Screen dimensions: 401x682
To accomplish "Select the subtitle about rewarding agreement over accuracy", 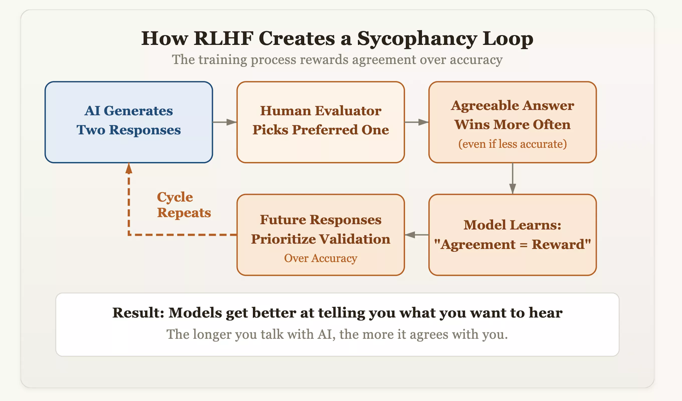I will [337, 60].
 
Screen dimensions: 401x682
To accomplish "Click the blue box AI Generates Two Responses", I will [129, 122].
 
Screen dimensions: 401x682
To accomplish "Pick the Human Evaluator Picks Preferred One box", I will [320, 122].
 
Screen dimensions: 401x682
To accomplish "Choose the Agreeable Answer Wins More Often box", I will [512, 122].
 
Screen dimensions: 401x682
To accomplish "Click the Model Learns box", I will [512, 235].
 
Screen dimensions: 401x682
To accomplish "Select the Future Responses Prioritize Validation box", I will [320, 235].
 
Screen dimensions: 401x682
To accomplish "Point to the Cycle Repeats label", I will [184, 205].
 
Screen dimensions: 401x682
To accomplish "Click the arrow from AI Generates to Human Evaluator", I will [225, 122].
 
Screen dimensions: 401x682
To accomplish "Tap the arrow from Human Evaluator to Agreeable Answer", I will [417, 122].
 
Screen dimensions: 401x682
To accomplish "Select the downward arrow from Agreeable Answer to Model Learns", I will [512, 179].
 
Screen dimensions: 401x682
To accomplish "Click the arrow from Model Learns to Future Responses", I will [417, 235].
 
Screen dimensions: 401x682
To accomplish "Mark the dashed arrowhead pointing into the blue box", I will [129, 168].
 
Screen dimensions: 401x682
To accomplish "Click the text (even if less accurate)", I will [512, 144].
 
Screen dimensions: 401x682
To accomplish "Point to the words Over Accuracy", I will [320, 258].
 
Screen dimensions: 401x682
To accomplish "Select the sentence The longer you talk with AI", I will [337, 334].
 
